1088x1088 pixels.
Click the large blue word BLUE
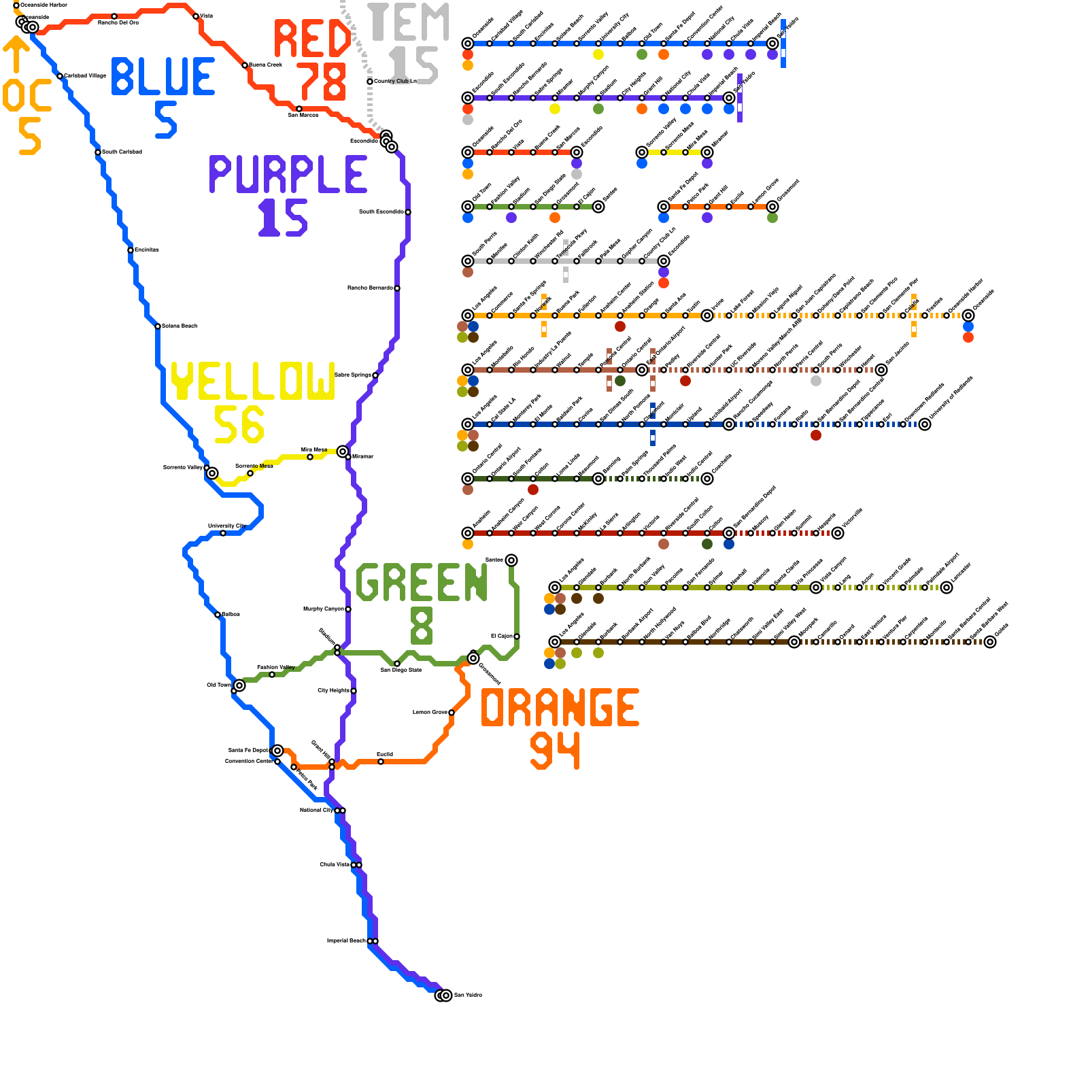click(x=163, y=76)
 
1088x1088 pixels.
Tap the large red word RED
click(x=312, y=39)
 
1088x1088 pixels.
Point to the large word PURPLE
click(x=288, y=175)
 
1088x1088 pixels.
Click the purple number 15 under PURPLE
click(x=283, y=218)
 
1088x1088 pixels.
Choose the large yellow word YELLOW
click(x=252, y=381)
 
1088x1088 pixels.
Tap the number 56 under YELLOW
click(x=239, y=425)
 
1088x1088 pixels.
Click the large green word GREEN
click(x=422, y=582)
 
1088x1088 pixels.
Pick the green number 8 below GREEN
click(x=422, y=626)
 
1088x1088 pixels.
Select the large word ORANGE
click(x=560, y=708)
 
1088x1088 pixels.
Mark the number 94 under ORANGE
click(x=555, y=751)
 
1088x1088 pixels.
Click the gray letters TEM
click(x=409, y=22)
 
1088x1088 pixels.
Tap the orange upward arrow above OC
click(x=16, y=54)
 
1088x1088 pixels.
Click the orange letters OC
click(x=27, y=95)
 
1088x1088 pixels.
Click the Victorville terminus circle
click(x=838, y=533)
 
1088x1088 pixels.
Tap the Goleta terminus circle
click(x=990, y=642)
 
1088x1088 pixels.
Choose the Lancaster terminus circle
click(x=947, y=588)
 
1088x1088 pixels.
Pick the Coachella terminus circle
click(x=707, y=479)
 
